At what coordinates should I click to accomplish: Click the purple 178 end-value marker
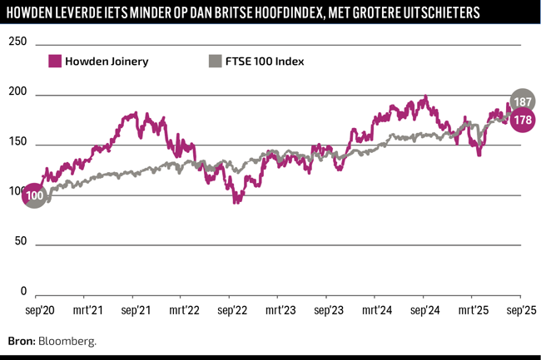pyautogui.click(x=523, y=121)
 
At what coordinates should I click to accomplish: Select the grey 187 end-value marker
pyautogui.click(x=523, y=101)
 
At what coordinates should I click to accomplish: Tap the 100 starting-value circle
pyautogui.click(x=34, y=196)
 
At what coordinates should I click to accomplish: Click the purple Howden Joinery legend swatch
pyautogui.click(x=56, y=61)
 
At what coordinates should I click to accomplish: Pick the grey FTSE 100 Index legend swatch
pyautogui.click(x=215, y=61)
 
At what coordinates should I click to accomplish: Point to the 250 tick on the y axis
pyautogui.click(x=17, y=42)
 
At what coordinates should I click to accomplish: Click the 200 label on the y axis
pyautogui.click(x=17, y=93)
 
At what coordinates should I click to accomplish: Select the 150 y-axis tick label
pyautogui.click(x=17, y=143)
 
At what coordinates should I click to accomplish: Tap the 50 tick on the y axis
pyautogui.click(x=21, y=241)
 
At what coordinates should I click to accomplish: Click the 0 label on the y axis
pyautogui.click(x=23, y=292)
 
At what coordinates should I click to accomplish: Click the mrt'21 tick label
pyautogui.click(x=87, y=310)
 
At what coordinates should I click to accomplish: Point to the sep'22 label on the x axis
pyautogui.click(x=232, y=310)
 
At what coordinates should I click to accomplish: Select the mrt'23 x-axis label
pyautogui.click(x=280, y=310)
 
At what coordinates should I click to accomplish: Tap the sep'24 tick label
pyautogui.click(x=424, y=310)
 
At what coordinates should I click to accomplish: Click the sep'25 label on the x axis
pyautogui.click(x=521, y=310)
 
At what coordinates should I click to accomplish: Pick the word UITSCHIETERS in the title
pyautogui.click(x=439, y=14)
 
